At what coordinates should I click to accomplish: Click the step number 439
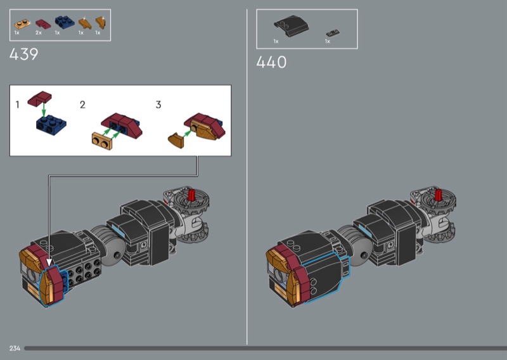click(24, 54)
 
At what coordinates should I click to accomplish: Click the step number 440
click(271, 62)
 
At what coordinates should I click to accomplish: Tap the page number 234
click(15, 348)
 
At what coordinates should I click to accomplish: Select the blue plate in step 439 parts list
click(65, 22)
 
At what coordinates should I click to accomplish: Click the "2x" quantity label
click(39, 33)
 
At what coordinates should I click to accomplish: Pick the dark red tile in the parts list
click(43, 24)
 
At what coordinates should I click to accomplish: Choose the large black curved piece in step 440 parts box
click(291, 25)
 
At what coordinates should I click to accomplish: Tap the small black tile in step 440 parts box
click(333, 33)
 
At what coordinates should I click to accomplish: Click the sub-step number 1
click(18, 105)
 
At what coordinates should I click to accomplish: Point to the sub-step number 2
click(83, 105)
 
